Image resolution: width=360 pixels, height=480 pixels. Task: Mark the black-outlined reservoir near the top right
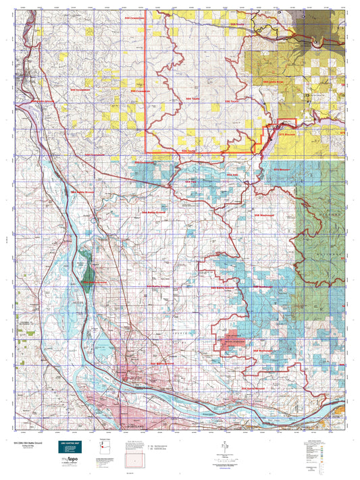click(x=263, y=29)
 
